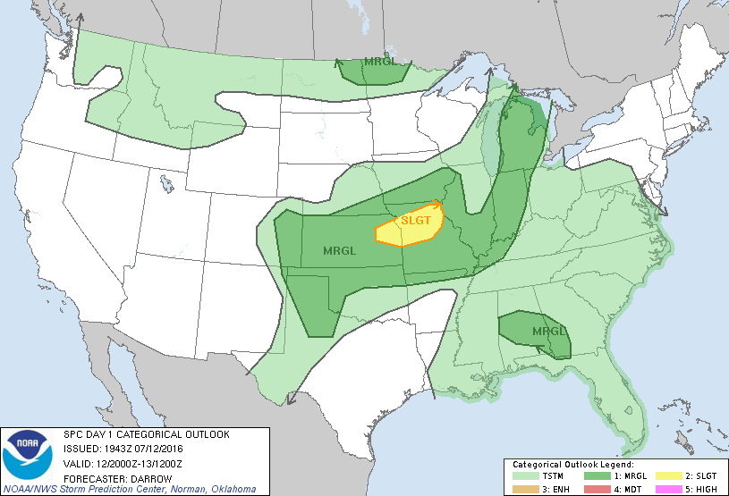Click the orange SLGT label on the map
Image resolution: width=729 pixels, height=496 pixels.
[417, 220]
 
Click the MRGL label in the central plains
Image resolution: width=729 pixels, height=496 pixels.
[340, 251]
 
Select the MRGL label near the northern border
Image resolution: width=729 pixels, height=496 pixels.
[379, 63]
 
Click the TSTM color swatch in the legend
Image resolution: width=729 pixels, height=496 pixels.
[522, 477]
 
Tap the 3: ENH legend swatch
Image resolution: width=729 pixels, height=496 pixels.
[522, 489]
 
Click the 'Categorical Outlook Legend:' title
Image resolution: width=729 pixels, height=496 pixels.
[572, 466]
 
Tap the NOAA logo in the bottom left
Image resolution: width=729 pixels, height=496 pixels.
[28, 456]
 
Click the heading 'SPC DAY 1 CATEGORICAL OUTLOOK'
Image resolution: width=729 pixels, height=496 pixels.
[147, 434]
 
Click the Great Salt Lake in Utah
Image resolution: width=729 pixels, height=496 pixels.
[167, 184]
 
